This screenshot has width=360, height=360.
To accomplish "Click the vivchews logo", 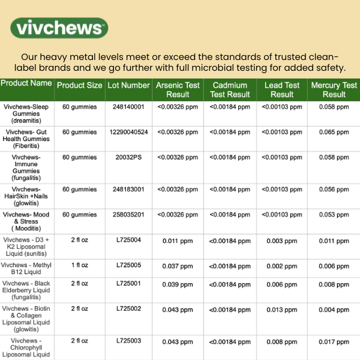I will [59, 27].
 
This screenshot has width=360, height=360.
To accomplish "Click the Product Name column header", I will [26, 83].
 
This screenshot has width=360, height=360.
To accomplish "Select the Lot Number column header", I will [128, 85].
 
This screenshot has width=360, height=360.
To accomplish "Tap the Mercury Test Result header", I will [334, 89].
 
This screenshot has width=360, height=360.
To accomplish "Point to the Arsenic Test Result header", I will [178, 89].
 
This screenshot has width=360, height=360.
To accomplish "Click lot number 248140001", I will [128, 107].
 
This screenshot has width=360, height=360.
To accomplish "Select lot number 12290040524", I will [128, 131].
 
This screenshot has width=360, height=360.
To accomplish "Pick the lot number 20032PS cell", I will [128, 157].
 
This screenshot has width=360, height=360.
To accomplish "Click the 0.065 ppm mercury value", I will [334, 131].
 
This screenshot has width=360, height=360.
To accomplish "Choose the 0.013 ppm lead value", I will [282, 310].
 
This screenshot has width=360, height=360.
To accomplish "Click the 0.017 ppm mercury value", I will [334, 342].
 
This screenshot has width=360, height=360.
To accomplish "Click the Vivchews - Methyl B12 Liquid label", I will [26, 269].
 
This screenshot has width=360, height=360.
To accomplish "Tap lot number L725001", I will [128, 283].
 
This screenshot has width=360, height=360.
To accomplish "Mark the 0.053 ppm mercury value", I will [334, 215].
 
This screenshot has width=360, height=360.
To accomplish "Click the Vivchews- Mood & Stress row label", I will [26, 221].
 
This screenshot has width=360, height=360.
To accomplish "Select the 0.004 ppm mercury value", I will [334, 310].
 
